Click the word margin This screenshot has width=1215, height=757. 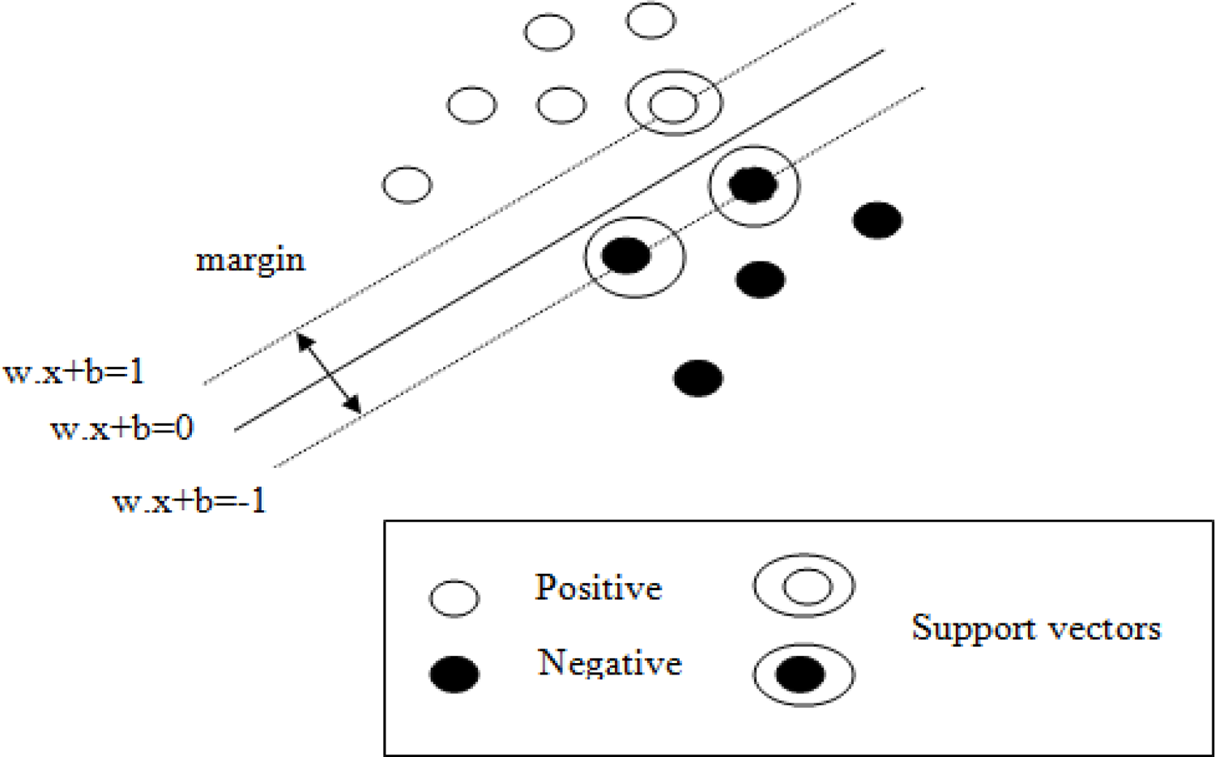click(250, 261)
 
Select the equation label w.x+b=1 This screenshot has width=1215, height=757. click(74, 372)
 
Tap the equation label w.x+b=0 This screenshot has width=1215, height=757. click(122, 428)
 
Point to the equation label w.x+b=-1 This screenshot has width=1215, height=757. click(189, 501)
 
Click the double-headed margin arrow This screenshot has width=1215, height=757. click(329, 373)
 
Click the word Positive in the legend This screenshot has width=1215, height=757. click(598, 587)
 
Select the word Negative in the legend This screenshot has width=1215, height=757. click(609, 662)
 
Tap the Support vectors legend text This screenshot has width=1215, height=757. click(1036, 627)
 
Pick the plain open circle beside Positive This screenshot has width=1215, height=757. click(454, 598)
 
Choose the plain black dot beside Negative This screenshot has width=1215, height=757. click(454, 674)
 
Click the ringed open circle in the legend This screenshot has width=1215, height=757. click(804, 585)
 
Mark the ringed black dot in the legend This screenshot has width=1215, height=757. click(803, 674)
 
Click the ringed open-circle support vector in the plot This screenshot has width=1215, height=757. click(674, 103)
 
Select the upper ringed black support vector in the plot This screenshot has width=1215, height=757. click(753, 185)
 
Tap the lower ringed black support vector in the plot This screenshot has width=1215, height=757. click(627, 256)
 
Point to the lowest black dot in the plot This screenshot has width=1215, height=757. click(698, 378)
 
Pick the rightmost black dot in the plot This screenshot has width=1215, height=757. click(877, 220)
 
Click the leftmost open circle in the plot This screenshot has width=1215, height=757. click(407, 185)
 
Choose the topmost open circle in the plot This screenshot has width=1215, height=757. click(650, 20)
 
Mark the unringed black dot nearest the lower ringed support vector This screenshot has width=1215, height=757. click(760, 280)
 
